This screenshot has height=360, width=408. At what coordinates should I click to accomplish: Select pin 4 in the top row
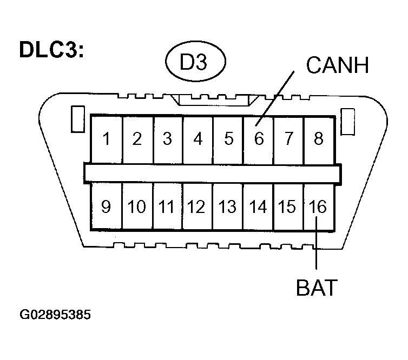[x=198, y=139]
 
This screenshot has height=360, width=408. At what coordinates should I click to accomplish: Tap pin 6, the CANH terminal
[x=259, y=139]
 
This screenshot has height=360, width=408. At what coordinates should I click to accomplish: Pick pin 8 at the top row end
[x=319, y=139]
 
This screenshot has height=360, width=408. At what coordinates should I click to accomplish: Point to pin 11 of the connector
[x=167, y=206]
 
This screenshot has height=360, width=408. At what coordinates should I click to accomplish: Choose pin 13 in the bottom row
[x=228, y=206]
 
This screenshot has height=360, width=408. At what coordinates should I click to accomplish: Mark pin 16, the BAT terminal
[x=319, y=206]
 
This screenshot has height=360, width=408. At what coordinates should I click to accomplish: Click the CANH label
[x=337, y=65]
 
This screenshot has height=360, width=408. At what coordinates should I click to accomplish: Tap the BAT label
[x=317, y=287]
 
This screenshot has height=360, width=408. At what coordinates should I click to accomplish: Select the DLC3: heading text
[x=51, y=50]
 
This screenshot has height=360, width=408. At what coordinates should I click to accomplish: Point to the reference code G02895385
[x=55, y=315]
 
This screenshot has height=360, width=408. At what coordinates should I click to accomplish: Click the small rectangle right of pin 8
[x=347, y=119]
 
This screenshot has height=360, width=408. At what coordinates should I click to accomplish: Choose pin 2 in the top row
[x=137, y=139]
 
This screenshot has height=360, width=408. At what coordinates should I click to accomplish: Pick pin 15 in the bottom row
[x=288, y=206]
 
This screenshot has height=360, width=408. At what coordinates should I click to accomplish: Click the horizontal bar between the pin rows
[x=212, y=173]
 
